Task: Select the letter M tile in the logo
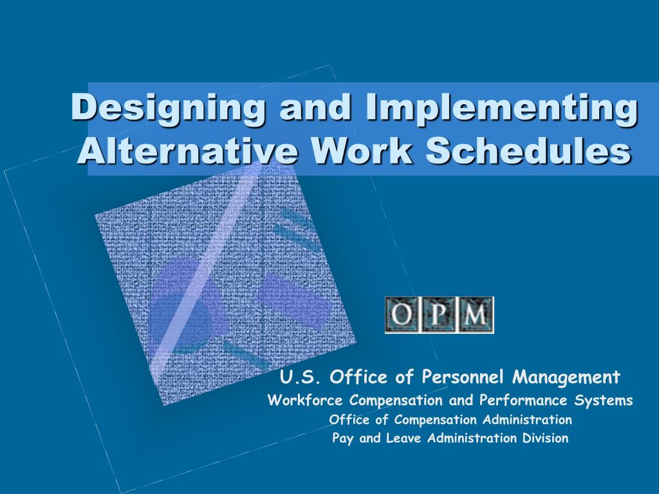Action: coord(475,315)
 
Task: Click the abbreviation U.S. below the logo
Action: coord(300,376)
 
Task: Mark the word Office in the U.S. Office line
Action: coord(351,376)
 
